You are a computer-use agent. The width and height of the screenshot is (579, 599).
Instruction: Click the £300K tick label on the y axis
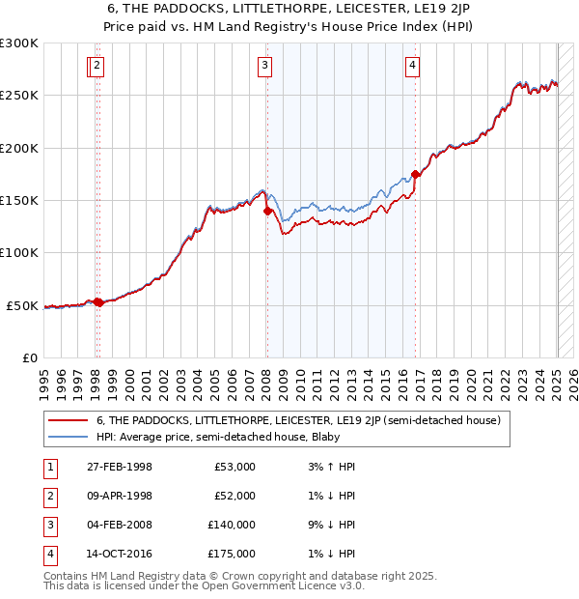pyautogui.click(x=19, y=43)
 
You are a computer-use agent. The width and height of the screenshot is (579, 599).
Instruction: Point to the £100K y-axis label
pyautogui.click(x=19, y=252)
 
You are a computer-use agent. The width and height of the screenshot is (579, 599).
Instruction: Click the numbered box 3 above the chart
pyautogui.click(x=263, y=66)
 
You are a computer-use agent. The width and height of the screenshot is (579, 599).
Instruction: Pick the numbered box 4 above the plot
pyautogui.click(x=412, y=66)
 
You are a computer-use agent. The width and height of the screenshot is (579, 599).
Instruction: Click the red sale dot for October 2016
pyautogui.click(x=415, y=175)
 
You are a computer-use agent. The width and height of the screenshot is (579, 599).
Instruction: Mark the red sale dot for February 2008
pyautogui.click(x=267, y=212)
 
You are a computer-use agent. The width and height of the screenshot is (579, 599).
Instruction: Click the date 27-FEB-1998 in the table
pyautogui.click(x=120, y=467)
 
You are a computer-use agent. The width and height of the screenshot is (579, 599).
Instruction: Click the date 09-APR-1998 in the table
pyautogui.click(x=120, y=496)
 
